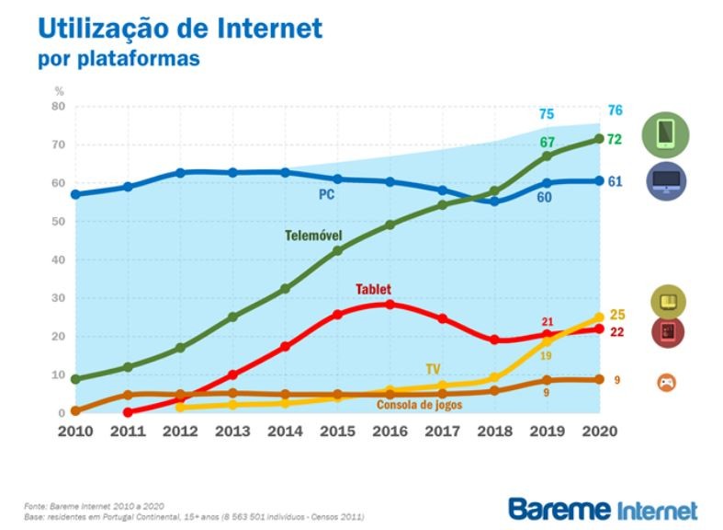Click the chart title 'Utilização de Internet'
[x=180, y=29]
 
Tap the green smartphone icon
[x=666, y=134]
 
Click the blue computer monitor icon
[x=666, y=181]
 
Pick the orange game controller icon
[x=666, y=382]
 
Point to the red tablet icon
[x=666, y=332]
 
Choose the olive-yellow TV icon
[x=666, y=301]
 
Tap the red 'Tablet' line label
[x=373, y=289]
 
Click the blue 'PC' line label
[x=326, y=194]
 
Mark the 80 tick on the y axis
[x=58, y=107]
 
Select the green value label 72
[x=616, y=139]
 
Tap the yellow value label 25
[x=616, y=316]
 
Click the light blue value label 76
[x=616, y=110]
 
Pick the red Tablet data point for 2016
[x=390, y=304]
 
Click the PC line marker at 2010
[x=75, y=194]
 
